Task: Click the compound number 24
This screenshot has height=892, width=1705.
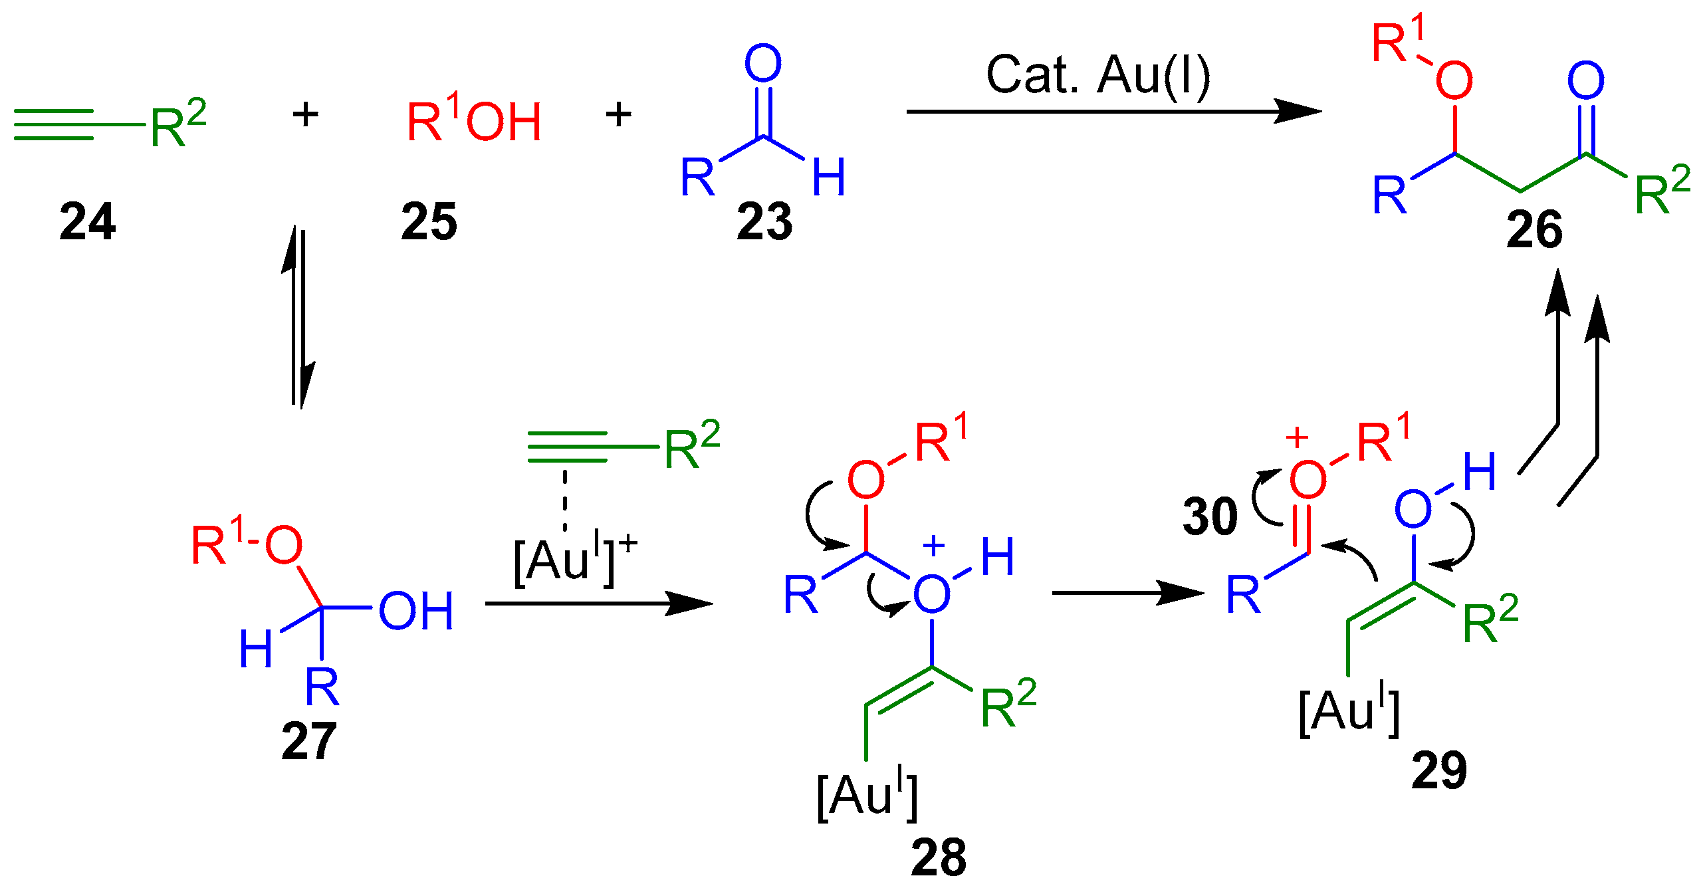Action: pos(87,222)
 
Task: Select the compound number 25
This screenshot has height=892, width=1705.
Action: pos(429,222)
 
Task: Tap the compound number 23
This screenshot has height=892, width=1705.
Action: pos(764,222)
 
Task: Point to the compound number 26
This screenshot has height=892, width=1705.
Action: pos(1534,230)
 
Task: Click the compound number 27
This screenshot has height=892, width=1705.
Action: pos(308,741)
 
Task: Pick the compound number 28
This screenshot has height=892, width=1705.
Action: pos(938,857)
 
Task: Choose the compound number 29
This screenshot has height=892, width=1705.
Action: pos(1439,771)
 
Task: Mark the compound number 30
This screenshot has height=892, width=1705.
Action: pos(1210,516)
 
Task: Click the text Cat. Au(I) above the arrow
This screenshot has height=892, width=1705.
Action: pos(1097,74)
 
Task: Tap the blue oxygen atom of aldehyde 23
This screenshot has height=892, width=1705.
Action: pos(762,64)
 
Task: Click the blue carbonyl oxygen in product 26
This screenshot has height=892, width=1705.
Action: pos(1586,81)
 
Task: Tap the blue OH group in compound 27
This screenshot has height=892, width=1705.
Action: pos(416,611)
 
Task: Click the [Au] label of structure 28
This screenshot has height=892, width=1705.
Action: pos(867,794)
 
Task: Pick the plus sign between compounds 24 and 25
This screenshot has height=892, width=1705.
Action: pos(305,115)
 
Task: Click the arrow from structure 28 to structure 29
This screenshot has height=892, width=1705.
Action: pos(1127,592)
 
